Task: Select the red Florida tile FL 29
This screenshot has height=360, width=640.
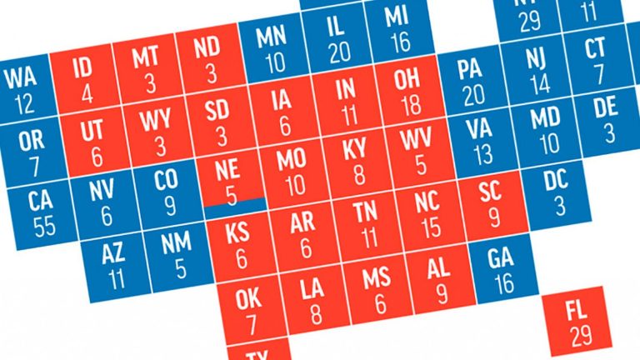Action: tap(575, 325)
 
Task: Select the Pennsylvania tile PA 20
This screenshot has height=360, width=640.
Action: tap(473, 82)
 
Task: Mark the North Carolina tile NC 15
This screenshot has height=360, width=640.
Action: tap(430, 213)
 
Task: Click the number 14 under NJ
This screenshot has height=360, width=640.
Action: tap(539, 83)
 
